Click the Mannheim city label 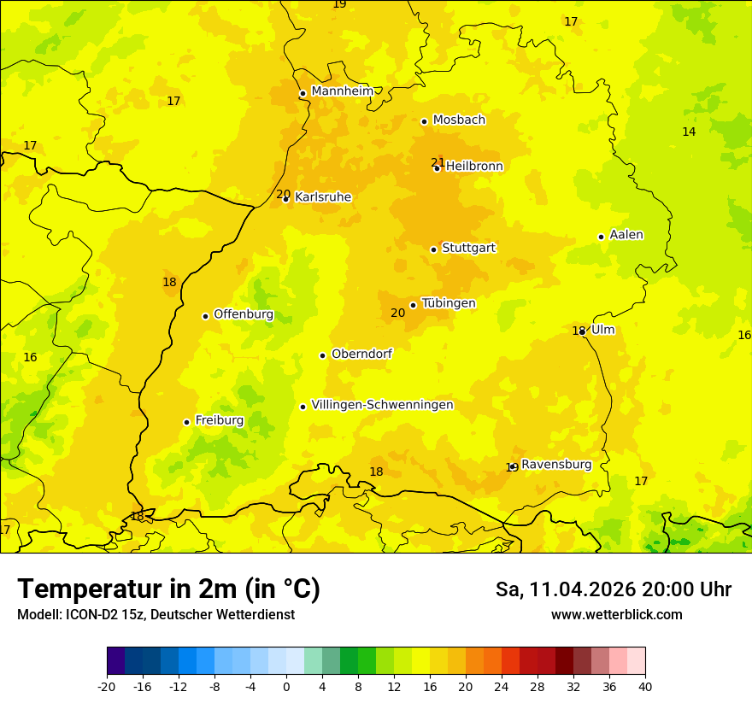pyautogui.click(x=342, y=91)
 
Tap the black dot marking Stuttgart pyautogui.click(x=433, y=249)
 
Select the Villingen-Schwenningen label pyautogui.click(x=382, y=405)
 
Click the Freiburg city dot pyautogui.click(x=186, y=422)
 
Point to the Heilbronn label pyautogui.click(x=474, y=167)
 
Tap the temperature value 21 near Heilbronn pyautogui.click(x=438, y=162)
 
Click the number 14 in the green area pyautogui.click(x=689, y=132)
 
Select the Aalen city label pyautogui.click(x=626, y=235)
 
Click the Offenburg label pyautogui.click(x=244, y=314)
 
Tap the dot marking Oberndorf pyautogui.click(x=322, y=355)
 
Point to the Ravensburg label pyautogui.click(x=556, y=465)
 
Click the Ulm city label pyautogui.click(x=602, y=330)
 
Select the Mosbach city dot pyautogui.click(x=424, y=121)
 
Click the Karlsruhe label pyautogui.click(x=323, y=197)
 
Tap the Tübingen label pyautogui.click(x=449, y=303)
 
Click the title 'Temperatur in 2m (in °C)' pyautogui.click(x=168, y=589)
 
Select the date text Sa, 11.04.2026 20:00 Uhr pyautogui.click(x=613, y=589)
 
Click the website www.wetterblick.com pyautogui.click(x=616, y=615)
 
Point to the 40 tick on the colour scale pyautogui.click(x=645, y=686)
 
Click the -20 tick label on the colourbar pyautogui.click(x=106, y=686)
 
